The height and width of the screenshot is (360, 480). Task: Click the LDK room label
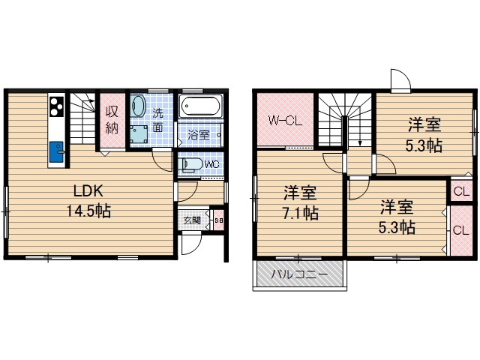[x=88, y=191]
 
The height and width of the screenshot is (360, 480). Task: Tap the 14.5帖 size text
[x=88, y=211]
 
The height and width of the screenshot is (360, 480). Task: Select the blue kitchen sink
[x=56, y=151]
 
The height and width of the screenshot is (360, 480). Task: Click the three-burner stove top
[x=57, y=106]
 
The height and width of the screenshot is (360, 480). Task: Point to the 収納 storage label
[x=112, y=119]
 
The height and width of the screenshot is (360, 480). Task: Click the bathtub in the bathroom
[x=201, y=106]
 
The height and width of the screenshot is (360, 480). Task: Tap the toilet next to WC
[x=192, y=164]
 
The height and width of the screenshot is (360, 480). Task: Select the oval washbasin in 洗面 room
[x=138, y=106]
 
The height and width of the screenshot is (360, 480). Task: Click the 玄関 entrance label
[x=192, y=220]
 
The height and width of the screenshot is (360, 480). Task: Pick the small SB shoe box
[x=218, y=220]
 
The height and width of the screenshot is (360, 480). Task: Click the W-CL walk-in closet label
[x=285, y=120]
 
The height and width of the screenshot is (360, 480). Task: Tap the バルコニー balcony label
[x=299, y=274]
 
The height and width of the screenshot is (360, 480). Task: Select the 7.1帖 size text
[x=300, y=213]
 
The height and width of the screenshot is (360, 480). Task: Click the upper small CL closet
[x=461, y=191]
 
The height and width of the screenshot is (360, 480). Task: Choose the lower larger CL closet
[x=461, y=230]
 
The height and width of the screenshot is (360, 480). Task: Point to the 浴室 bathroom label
[x=199, y=135]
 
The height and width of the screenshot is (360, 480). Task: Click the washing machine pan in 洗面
[x=139, y=134]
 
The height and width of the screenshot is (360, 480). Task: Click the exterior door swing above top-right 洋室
[x=400, y=79]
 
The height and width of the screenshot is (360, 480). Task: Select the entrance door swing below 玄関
[x=191, y=244]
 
